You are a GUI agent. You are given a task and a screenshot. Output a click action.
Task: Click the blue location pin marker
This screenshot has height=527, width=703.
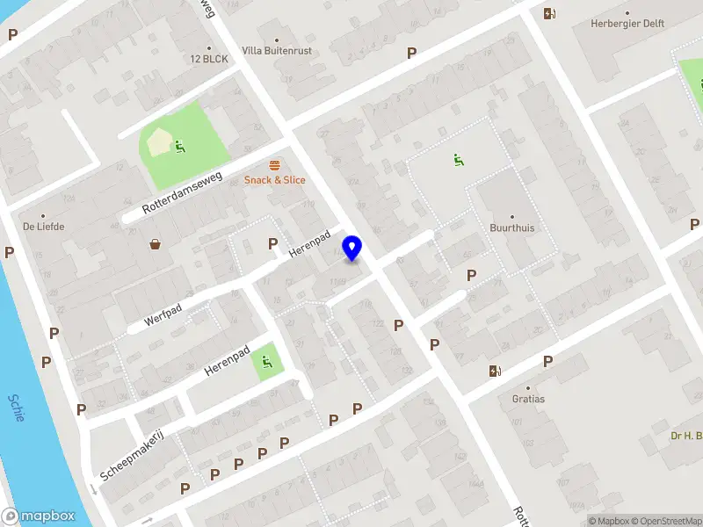352,249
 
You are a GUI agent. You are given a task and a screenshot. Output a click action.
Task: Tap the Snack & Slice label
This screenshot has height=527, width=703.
275,180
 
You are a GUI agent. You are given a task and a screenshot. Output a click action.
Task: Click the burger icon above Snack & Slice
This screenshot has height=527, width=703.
275,165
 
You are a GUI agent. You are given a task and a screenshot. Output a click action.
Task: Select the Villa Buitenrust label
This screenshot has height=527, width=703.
276,51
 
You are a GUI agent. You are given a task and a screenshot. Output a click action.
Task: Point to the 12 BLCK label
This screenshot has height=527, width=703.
209,59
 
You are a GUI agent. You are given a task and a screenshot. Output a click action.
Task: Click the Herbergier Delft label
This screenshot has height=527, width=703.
627,25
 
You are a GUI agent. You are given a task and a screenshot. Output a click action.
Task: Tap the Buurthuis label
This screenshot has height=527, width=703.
511,227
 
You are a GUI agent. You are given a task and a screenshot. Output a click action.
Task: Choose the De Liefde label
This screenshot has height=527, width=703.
44,226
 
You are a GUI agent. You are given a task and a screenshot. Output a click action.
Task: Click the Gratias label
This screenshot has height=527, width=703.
528,399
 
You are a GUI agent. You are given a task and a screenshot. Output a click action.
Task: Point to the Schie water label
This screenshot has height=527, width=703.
16,408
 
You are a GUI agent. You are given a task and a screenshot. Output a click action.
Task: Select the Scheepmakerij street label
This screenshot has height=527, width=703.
132,455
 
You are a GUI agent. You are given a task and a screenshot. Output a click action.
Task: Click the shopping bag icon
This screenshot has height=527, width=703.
156,244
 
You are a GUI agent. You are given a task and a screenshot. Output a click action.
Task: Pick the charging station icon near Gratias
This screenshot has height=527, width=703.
495,371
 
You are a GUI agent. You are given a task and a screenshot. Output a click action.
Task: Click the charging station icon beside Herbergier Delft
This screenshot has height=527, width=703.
549,13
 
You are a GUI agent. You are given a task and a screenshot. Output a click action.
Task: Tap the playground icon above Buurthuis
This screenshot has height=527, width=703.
457,160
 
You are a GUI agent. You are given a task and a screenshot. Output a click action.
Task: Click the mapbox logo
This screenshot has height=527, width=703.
38,516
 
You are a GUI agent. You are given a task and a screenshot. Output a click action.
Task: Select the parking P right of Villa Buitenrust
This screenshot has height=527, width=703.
411,53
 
